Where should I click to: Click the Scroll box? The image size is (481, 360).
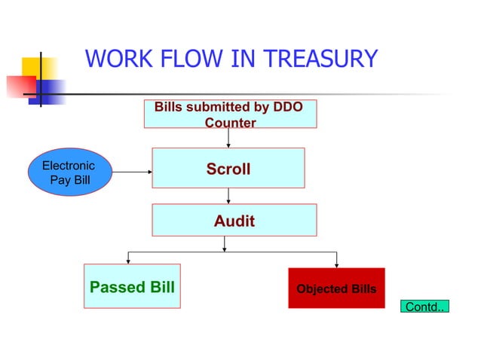228,168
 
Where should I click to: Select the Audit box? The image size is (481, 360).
234,220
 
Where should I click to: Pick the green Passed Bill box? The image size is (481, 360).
132,286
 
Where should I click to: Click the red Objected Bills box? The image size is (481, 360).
335,288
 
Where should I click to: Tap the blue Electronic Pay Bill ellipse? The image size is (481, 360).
69,172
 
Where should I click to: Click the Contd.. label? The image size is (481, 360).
424,307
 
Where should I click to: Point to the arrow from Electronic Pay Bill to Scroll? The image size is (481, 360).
132,172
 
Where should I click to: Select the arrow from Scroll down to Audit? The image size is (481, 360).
228,195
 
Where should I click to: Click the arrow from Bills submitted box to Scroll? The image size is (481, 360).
228,138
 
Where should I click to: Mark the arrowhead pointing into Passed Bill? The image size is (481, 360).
128,261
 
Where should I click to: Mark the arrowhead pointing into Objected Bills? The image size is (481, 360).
336,264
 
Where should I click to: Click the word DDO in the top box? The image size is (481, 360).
287,107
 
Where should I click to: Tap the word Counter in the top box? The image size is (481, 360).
230,122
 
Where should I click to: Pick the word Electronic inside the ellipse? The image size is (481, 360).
69,166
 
